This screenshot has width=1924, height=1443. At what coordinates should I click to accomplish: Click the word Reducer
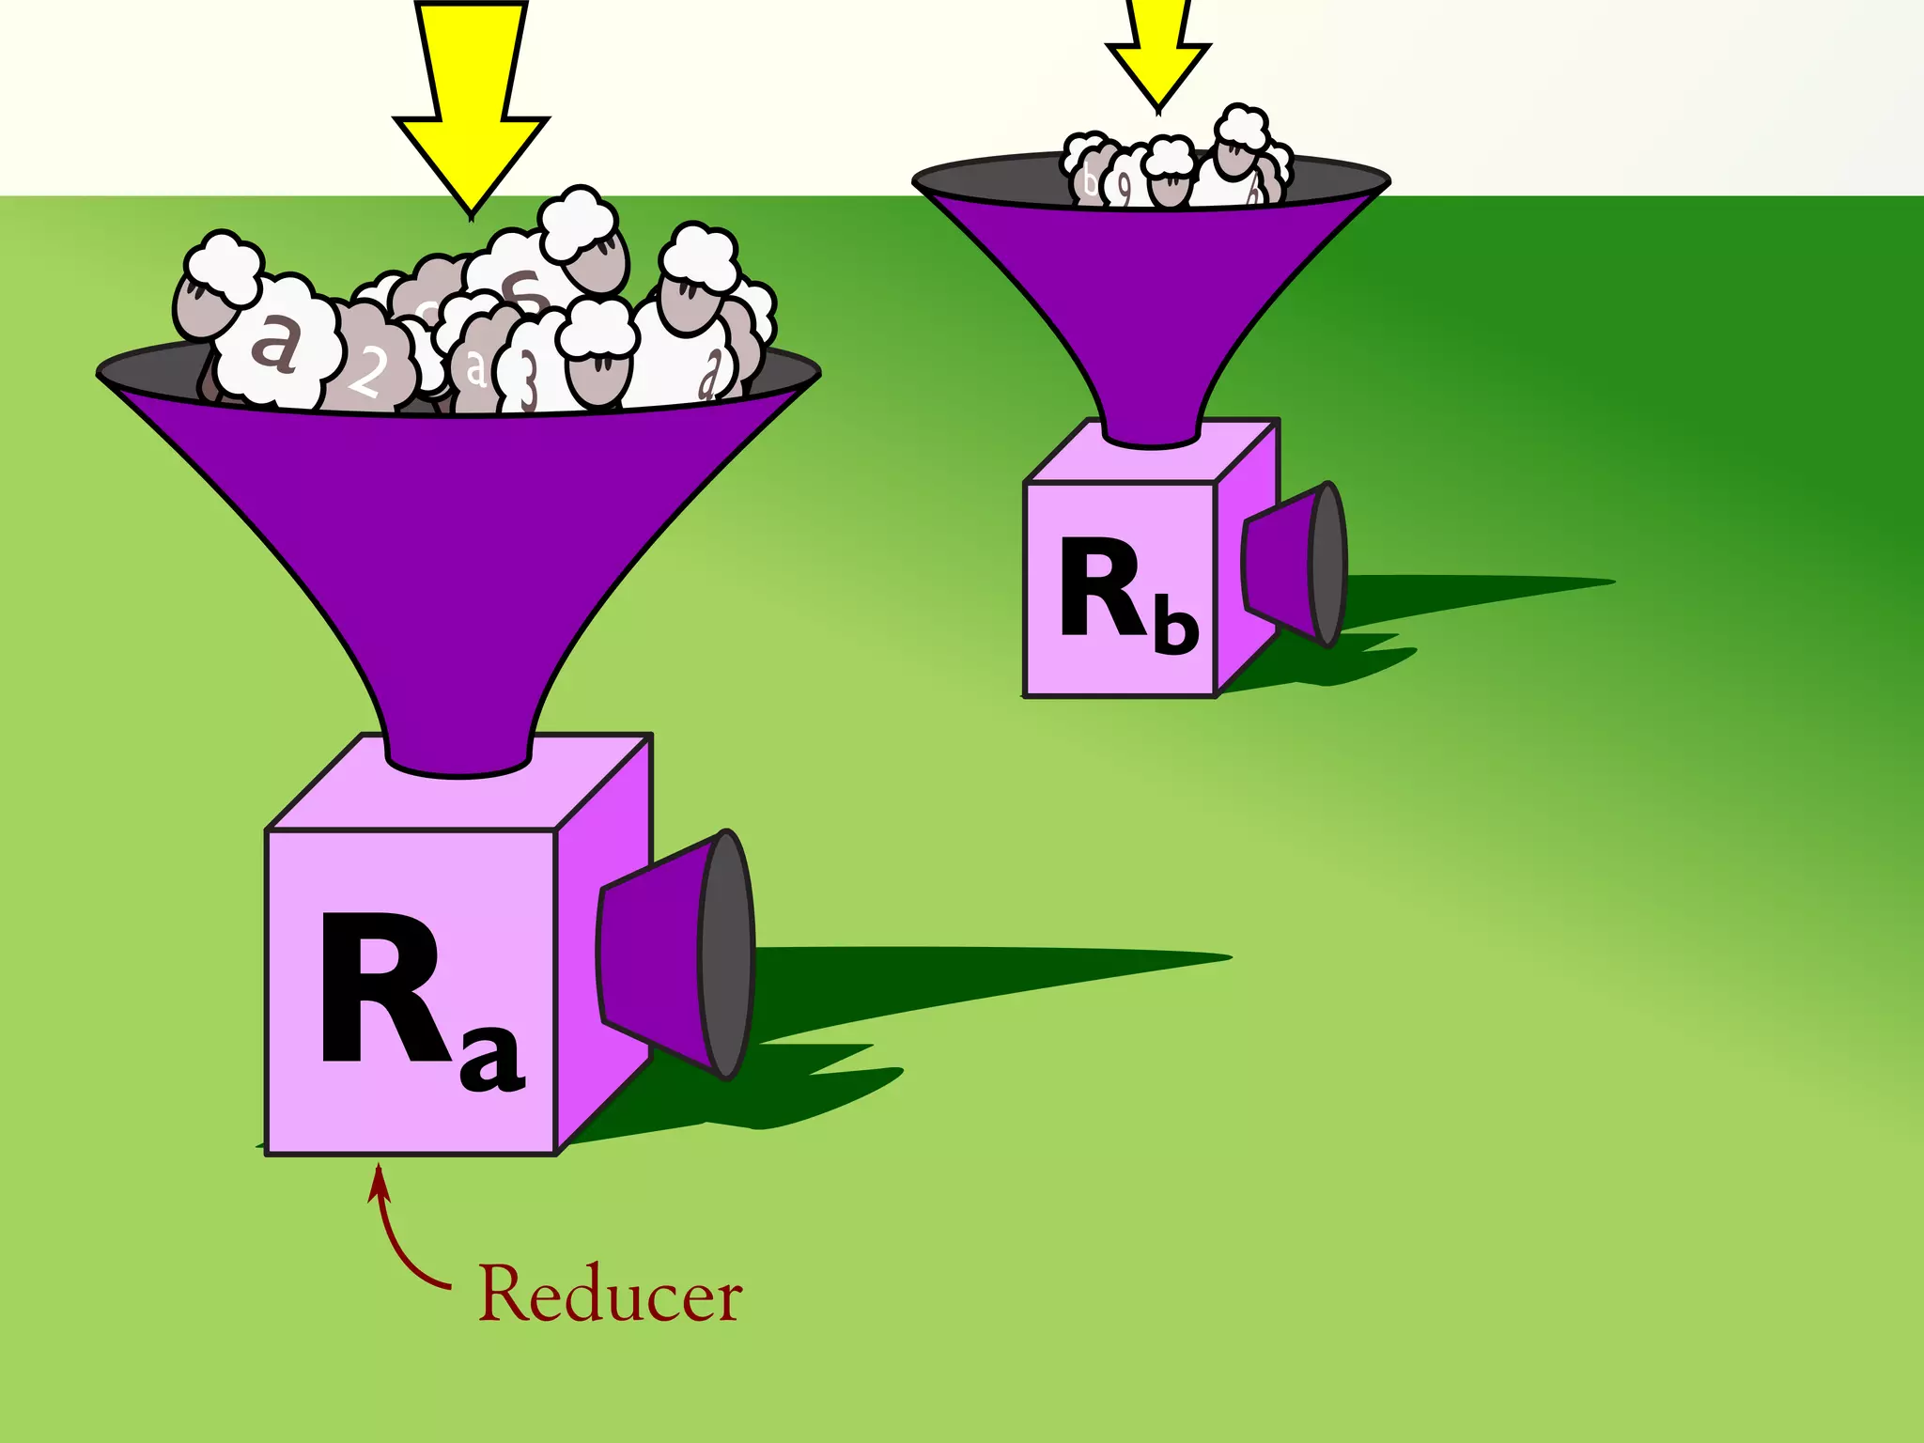coord(611,1295)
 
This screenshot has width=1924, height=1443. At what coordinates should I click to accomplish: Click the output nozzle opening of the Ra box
coord(726,954)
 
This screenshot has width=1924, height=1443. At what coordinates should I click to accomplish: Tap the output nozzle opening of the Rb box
coord(1327,564)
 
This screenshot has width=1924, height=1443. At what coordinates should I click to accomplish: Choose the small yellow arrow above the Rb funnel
coord(1158,52)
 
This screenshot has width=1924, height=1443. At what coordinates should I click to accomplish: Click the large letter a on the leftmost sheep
coord(274,342)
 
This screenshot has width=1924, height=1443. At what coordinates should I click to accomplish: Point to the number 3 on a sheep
coord(528,380)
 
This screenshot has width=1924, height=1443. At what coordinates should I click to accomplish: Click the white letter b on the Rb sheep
coord(1090,178)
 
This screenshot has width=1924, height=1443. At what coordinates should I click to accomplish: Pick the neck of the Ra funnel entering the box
coord(458,742)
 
